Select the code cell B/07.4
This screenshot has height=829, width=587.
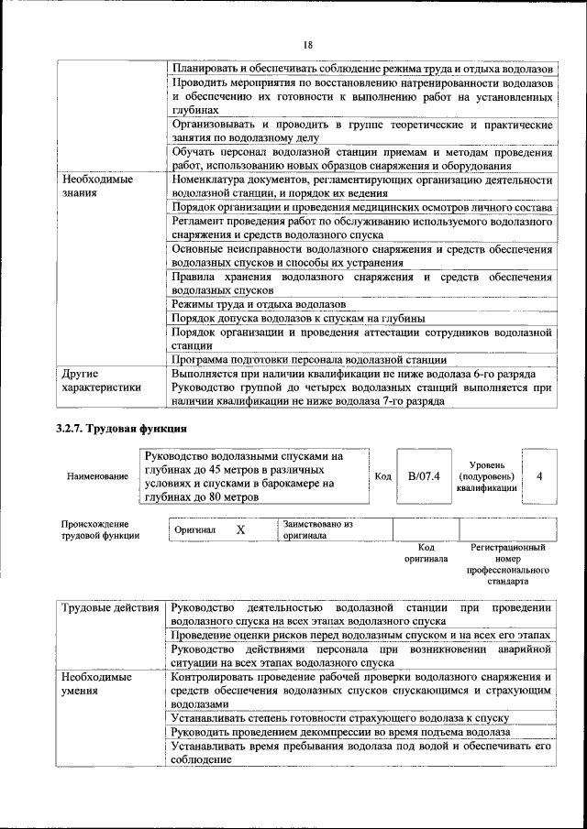424,476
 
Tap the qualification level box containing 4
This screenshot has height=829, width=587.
539,476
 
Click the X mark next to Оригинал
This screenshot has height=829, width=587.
240,530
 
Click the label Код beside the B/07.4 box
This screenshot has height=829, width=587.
383,477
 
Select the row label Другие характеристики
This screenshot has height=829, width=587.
101,380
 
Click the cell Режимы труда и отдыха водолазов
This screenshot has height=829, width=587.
259,303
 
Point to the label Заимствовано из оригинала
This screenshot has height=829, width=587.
317,530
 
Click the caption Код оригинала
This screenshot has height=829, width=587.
425,552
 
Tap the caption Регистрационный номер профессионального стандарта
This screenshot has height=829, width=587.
506,563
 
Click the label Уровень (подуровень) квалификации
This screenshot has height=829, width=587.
485,476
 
